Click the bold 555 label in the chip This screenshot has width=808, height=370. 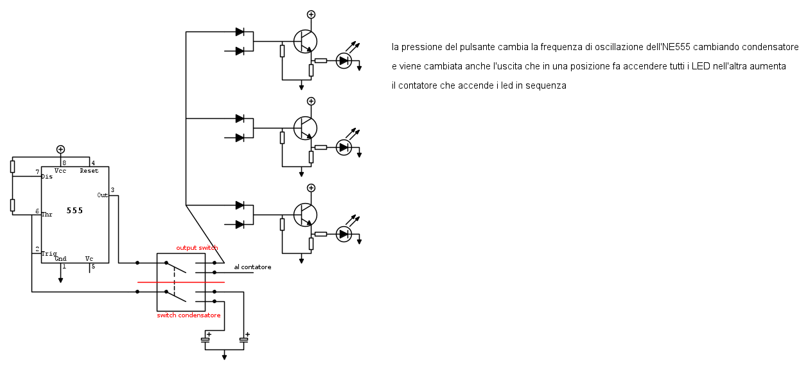75,211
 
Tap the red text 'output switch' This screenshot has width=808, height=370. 197,248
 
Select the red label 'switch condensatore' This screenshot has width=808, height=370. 189,315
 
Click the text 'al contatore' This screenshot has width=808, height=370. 252,267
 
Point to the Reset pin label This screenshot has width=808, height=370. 89,171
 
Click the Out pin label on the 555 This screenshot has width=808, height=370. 102,195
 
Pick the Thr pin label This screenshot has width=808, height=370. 47,215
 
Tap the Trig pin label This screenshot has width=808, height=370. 49,254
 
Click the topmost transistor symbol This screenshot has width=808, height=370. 305,42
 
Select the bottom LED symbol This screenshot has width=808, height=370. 344,234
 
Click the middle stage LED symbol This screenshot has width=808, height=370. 344,148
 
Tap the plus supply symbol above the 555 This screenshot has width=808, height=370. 60,149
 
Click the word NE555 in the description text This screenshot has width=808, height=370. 676,48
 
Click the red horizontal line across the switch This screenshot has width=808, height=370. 181,282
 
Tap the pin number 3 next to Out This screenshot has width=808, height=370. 112,190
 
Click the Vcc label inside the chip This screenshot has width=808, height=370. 60,171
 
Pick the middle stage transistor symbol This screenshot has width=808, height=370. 305,128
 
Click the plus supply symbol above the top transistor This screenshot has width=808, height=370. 311,14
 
